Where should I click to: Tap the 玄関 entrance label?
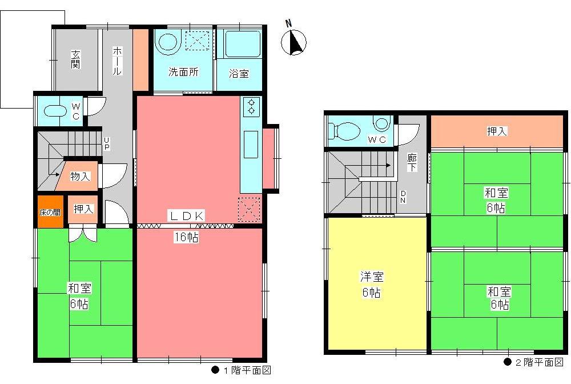click(x=75, y=59)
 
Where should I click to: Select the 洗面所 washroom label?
click(x=183, y=73)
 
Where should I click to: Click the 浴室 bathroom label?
click(x=239, y=73)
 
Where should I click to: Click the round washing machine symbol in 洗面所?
click(x=168, y=42)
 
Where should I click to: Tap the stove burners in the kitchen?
click(x=251, y=106)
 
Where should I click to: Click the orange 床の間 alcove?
click(x=49, y=212)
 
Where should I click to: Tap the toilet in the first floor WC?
click(x=54, y=111)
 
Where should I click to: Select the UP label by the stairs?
click(x=106, y=143)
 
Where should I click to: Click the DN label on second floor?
click(x=403, y=197)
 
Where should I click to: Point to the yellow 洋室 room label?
click(x=371, y=285)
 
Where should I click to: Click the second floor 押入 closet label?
click(x=497, y=131)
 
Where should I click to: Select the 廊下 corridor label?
click(x=412, y=163)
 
